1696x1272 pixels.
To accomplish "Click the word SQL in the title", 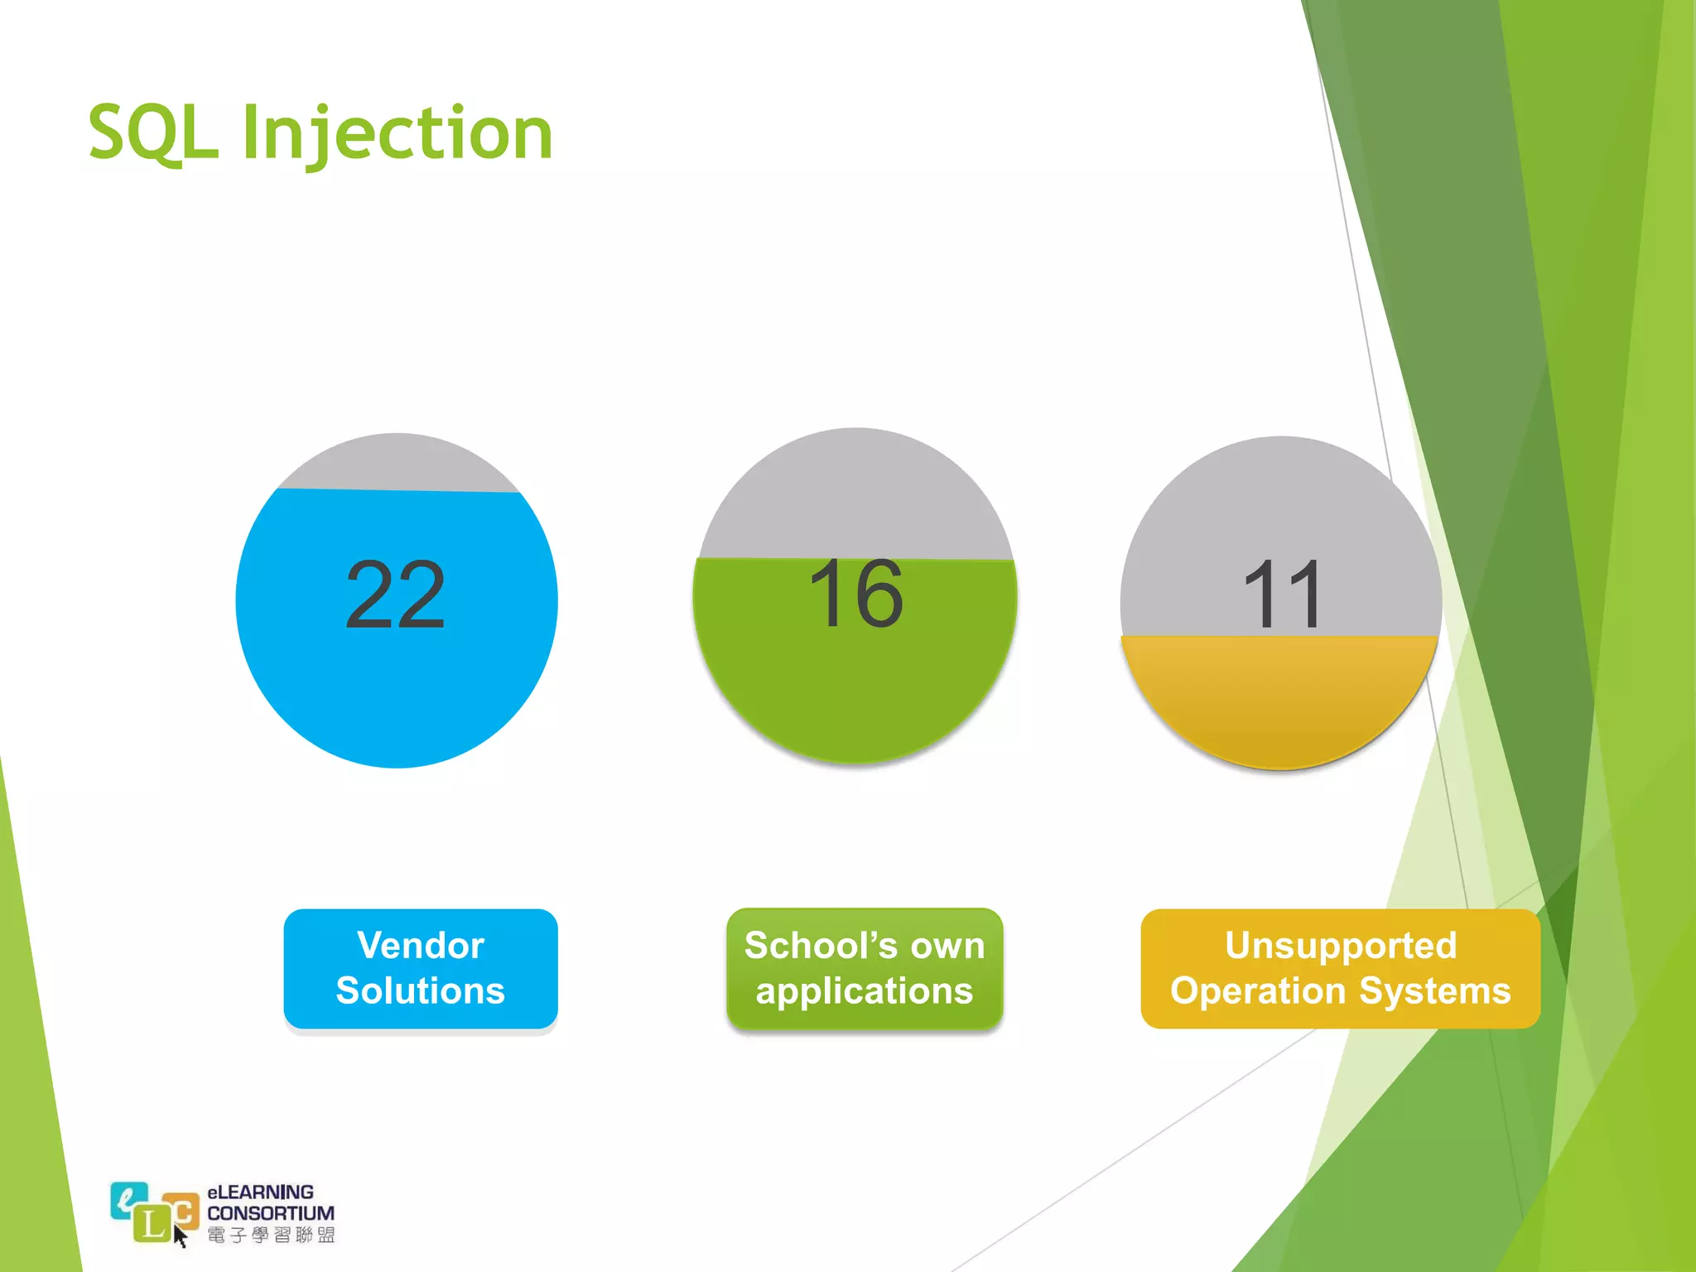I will [x=153, y=132].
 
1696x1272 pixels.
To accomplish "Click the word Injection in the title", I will [x=397, y=134].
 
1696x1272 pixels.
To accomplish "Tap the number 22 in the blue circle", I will [x=395, y=595].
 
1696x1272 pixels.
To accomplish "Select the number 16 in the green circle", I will [x=855, y=593].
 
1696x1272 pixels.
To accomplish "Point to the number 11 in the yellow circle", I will [x=1282, y=595].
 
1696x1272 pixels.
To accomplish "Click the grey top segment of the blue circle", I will [x=397, y=464].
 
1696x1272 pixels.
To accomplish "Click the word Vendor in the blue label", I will [x=421, y=945].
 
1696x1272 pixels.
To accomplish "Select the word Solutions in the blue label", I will [x=421, y=990].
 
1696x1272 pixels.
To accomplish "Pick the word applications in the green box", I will [x=864, y=990].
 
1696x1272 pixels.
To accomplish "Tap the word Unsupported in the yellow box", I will [x=1340, y=945].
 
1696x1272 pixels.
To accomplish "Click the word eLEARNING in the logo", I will [x=260, y=1192].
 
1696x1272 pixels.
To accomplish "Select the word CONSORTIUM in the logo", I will [x=271, y=1212].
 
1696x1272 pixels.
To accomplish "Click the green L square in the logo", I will [x=152, y=1224].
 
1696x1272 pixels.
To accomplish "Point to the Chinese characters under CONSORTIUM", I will [x=271, y=1236].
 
